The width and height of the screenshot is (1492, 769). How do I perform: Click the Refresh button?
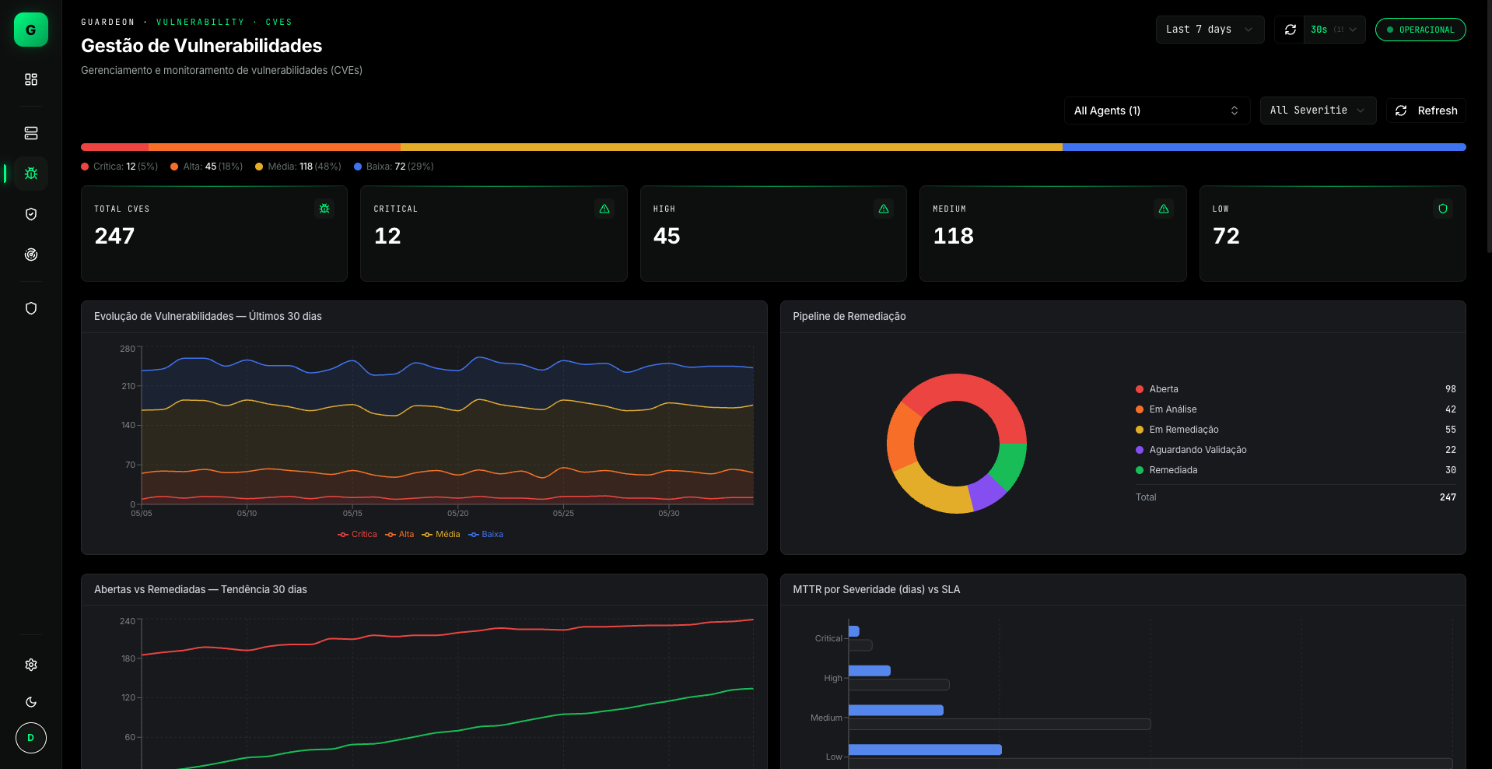[1426, 111]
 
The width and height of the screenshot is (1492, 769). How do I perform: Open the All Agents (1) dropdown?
[1157, 111]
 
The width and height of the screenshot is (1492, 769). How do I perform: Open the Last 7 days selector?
[1210, 30]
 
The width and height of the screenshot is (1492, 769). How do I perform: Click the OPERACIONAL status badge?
[1420, 30]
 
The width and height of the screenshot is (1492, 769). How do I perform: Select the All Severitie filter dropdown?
[1318, 111]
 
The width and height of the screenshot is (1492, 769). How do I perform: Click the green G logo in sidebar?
[31, 30]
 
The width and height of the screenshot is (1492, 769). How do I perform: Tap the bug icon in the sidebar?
[31, 174]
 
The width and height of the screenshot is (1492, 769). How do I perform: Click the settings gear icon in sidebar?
[31, 665]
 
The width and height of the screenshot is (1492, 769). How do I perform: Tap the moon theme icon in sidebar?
[31, 702]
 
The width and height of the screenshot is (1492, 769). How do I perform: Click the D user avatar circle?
[31, 738]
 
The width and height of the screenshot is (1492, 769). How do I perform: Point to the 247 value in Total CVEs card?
[114, 236]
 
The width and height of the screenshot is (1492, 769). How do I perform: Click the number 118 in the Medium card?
[953, 236]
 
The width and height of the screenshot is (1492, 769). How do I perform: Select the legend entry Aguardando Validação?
[1198, 450]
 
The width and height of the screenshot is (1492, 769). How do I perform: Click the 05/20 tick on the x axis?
[458, 513]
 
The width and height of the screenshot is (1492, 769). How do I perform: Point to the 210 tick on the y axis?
[128, 386]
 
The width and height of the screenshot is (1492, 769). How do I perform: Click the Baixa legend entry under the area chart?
[486, 534]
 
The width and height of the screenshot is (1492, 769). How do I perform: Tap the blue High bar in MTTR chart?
[870, 671]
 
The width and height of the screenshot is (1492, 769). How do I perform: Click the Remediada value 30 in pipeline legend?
[1451, 470]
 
